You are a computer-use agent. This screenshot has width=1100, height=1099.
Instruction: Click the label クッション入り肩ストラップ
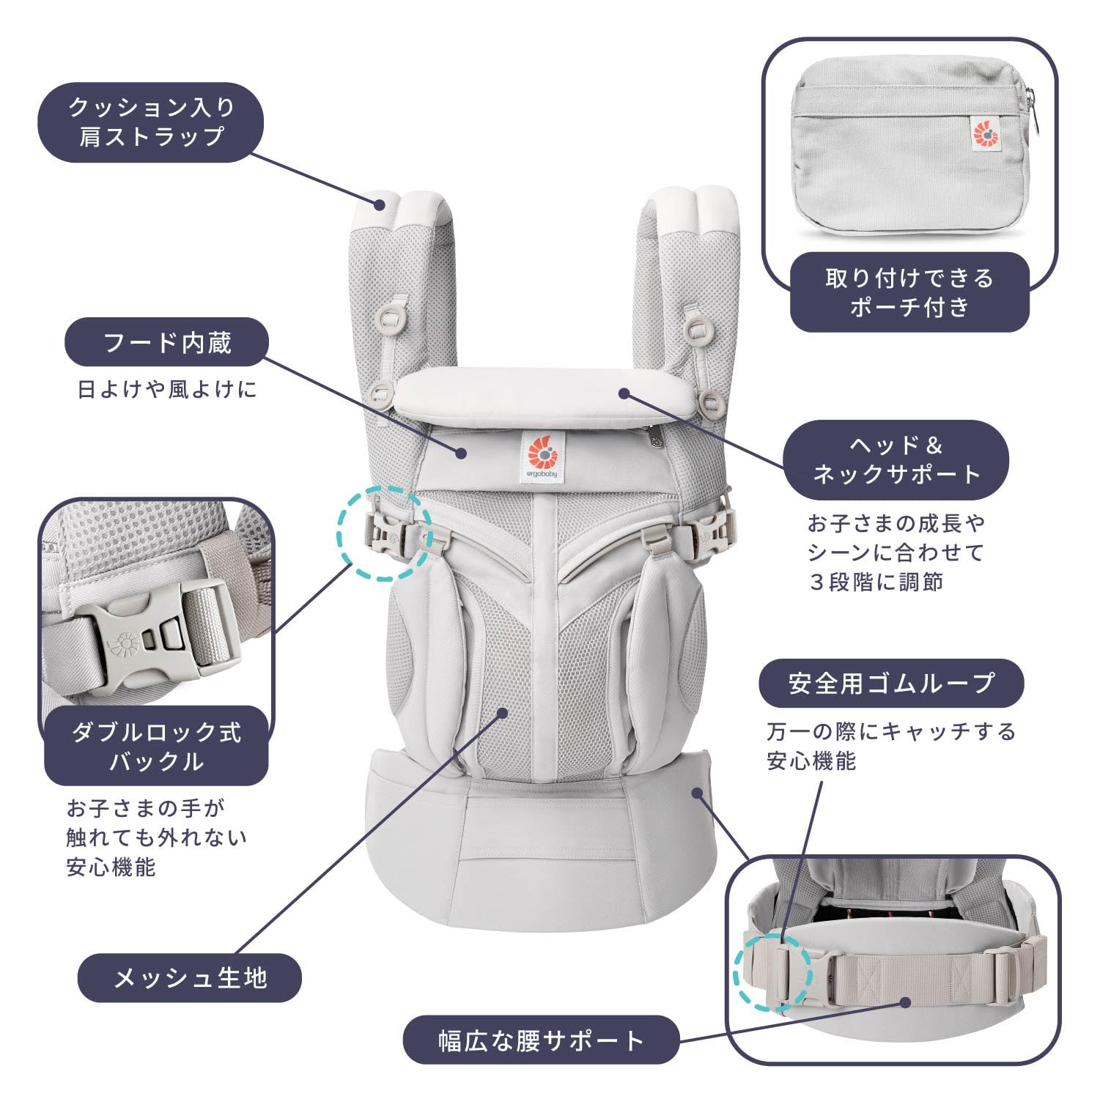[150, 122]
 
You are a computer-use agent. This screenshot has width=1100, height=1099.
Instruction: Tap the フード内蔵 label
[167, 342]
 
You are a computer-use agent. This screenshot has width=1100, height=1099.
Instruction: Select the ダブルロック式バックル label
[156, 746]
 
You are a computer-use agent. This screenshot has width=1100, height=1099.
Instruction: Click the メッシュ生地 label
[190, 977]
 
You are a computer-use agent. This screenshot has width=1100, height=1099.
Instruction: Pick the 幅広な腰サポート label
[541, 1040]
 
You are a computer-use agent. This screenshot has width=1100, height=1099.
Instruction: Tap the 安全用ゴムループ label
[891, 683]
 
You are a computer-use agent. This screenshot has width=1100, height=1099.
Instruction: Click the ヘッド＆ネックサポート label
[896, 460]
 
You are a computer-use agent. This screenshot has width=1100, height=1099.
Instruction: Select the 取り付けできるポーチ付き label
[909, 292]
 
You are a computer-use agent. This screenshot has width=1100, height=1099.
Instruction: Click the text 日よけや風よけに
[167, 389]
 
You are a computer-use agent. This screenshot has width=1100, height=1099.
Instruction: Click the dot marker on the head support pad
[624, 393]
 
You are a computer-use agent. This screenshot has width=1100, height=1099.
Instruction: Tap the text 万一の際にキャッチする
[891, 731]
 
